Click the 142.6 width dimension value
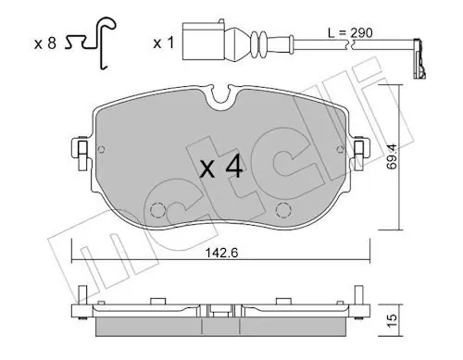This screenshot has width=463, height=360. [x=222, y=253]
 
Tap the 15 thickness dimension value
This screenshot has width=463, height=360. [x=392, y=321]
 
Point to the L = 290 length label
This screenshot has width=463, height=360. [x=350, y=32]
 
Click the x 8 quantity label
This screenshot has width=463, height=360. [x=45, y=43]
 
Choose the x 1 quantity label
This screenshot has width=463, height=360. [x=164, y=43]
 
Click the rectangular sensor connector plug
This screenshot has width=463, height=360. [x=204, y=41]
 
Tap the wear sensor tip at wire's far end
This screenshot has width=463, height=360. [x=419, y=58]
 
